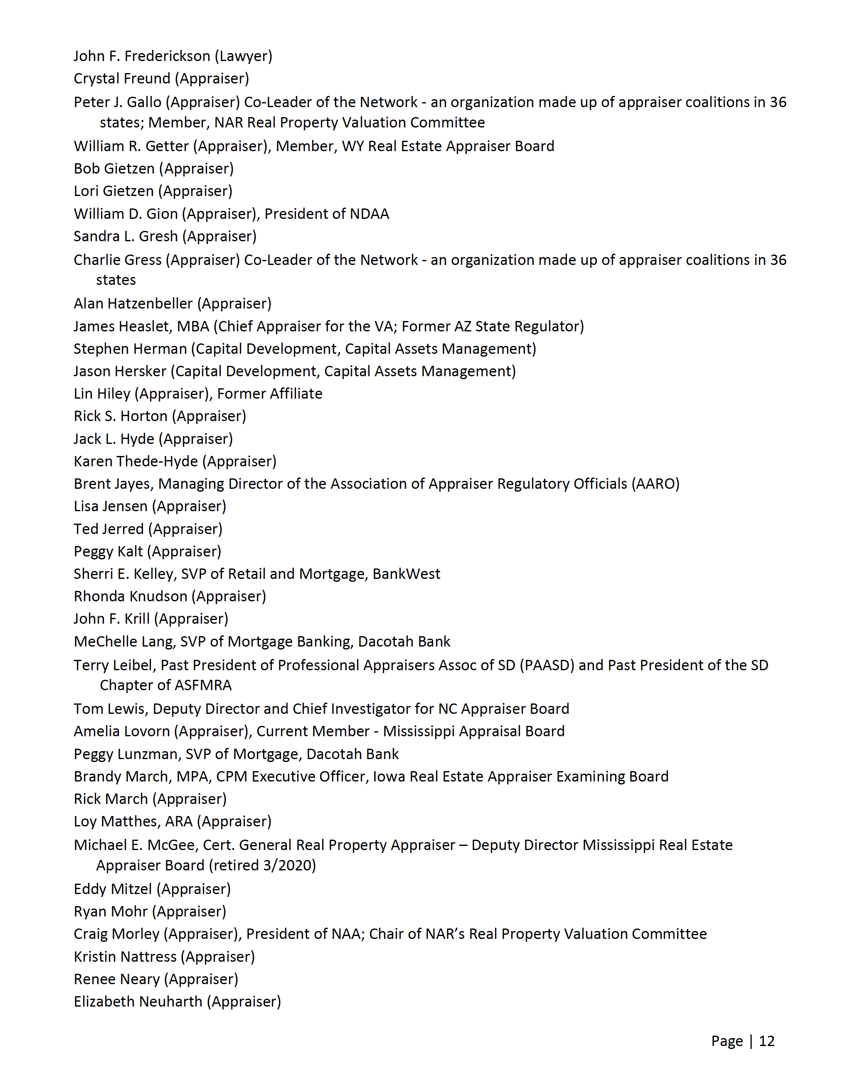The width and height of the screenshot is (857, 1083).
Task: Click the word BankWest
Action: pos(406,574)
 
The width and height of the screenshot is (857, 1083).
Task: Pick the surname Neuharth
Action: pos(170,1002)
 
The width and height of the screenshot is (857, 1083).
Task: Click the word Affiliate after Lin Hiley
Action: pos(296,394)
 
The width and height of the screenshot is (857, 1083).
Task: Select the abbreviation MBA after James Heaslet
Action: pos(193,326)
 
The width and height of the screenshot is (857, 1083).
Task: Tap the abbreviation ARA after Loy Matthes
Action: pos(179,822)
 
